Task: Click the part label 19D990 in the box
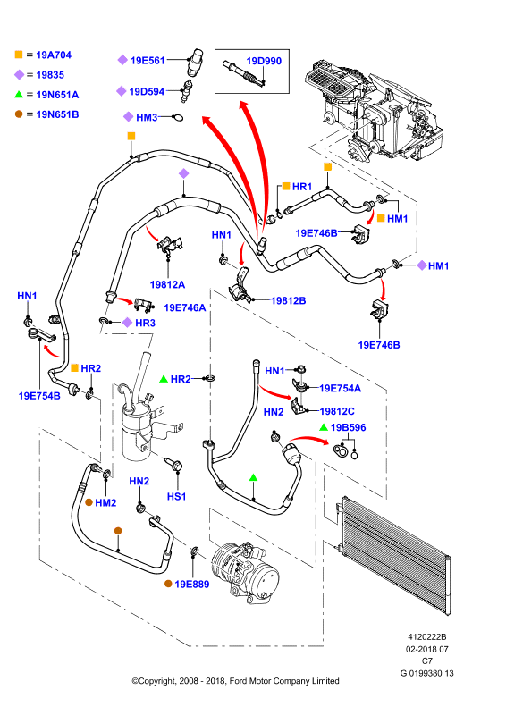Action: coord(264,61)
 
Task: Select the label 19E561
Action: coord(148,60)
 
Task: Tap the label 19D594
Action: coord(147,92)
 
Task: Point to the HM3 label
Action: coord(147,117)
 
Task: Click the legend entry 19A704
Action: coord(54,55)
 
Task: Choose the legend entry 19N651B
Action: coord(57,114)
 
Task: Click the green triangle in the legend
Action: coord(19,95)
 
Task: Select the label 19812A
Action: coord(167,284)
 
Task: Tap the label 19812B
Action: coord(289,300)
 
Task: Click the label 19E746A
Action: coord(185,307)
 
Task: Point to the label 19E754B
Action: coord(39,396)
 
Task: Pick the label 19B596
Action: coord(348,427)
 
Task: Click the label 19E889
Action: coord(191,585)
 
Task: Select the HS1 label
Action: coord(176,496)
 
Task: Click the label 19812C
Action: coord(337,411)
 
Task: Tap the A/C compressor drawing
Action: coord(245,573)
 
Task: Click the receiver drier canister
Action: coord(136,431)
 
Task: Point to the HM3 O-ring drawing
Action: coord(178,118)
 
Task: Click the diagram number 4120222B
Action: coord(427,637)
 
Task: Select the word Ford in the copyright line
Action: coord(239,681)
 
